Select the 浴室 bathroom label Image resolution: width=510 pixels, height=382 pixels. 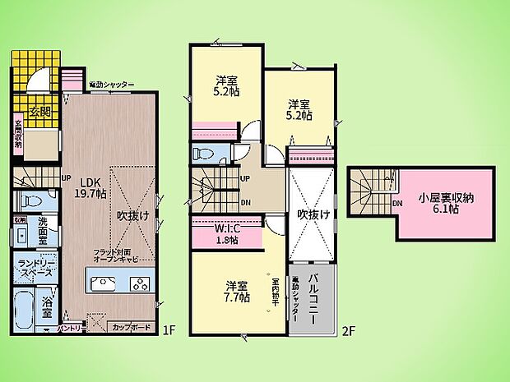(47, 306)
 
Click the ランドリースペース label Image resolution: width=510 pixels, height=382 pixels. (35, 266)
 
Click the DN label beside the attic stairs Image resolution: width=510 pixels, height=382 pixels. (397, 203)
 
